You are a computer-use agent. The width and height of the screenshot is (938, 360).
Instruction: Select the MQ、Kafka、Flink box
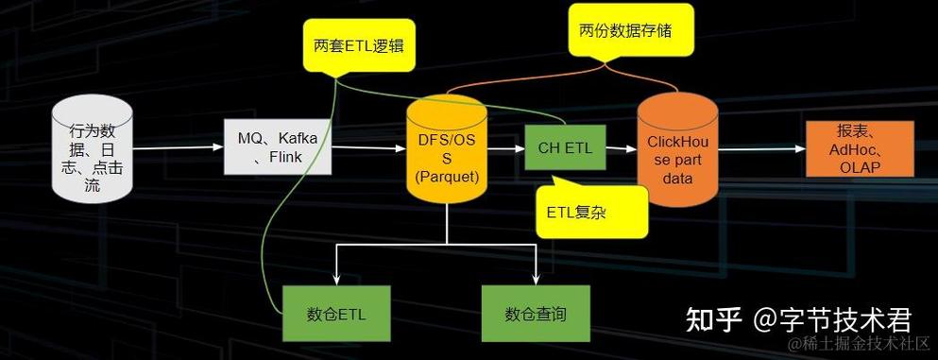pyautogui.click(x=278, y=147)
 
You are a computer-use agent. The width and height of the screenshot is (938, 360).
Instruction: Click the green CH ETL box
pyautogui.click(x=565, y=147)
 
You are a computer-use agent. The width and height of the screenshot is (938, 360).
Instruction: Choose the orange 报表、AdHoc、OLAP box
pyautogui.click(x=860, y=148)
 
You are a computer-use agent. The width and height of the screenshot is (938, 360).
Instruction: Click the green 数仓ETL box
pyautogui.click(x=336, y=313)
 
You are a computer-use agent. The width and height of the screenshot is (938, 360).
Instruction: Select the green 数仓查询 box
pyautogui.click(x=536, y=313)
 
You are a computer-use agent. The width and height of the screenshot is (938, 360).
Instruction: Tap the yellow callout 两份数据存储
pyautogui.click(x=623, y=30)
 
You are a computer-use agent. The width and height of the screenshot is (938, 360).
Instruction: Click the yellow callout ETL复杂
pyautogui.click(x=591, y=210)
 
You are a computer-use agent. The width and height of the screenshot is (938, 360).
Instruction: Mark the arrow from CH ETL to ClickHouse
pyautogui.click(x=620, y=148)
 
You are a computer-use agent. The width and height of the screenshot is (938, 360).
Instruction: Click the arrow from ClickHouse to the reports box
pyautogui.click(x=759, y=148)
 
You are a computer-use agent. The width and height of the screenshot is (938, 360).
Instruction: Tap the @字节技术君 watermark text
pyautogui.click(x=832, y=319)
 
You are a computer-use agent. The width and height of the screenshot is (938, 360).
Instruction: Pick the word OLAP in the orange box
pyautogui.click(x=860, y=166)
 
